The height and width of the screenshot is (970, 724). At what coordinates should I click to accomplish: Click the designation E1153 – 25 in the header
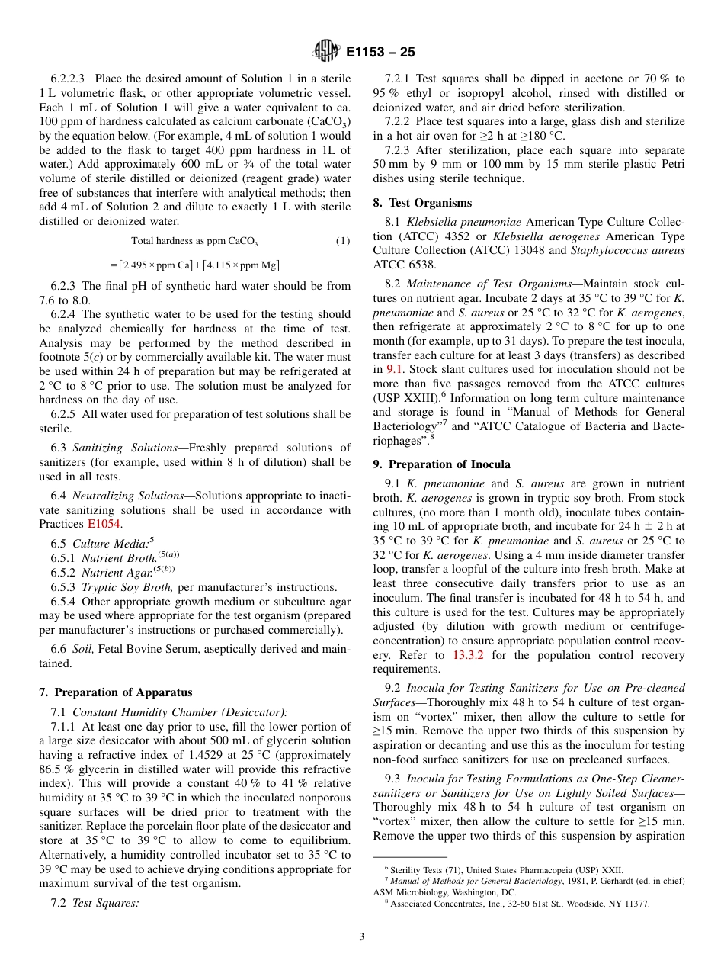coord(380,53)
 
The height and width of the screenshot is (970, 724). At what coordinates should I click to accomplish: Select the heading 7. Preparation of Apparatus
coord(115,692)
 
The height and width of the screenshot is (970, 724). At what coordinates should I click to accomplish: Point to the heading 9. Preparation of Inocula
coord(441,464)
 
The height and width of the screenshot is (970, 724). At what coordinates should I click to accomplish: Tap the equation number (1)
coord(343,241)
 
